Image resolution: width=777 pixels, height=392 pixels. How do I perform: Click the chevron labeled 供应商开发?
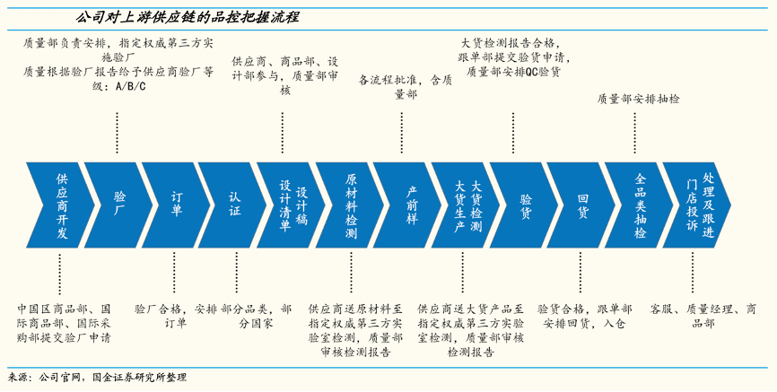[x=61, y=206]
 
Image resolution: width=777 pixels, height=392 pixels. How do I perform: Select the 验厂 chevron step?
[x=119, y=206]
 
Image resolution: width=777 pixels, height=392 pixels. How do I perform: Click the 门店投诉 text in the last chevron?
[x=692, y=206]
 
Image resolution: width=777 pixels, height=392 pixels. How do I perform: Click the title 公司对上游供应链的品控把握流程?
[x=188, y=17]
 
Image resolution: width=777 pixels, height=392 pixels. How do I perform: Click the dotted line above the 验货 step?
[x=513, y=134]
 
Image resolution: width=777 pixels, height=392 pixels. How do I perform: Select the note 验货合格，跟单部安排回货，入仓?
[x=583, y=315]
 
